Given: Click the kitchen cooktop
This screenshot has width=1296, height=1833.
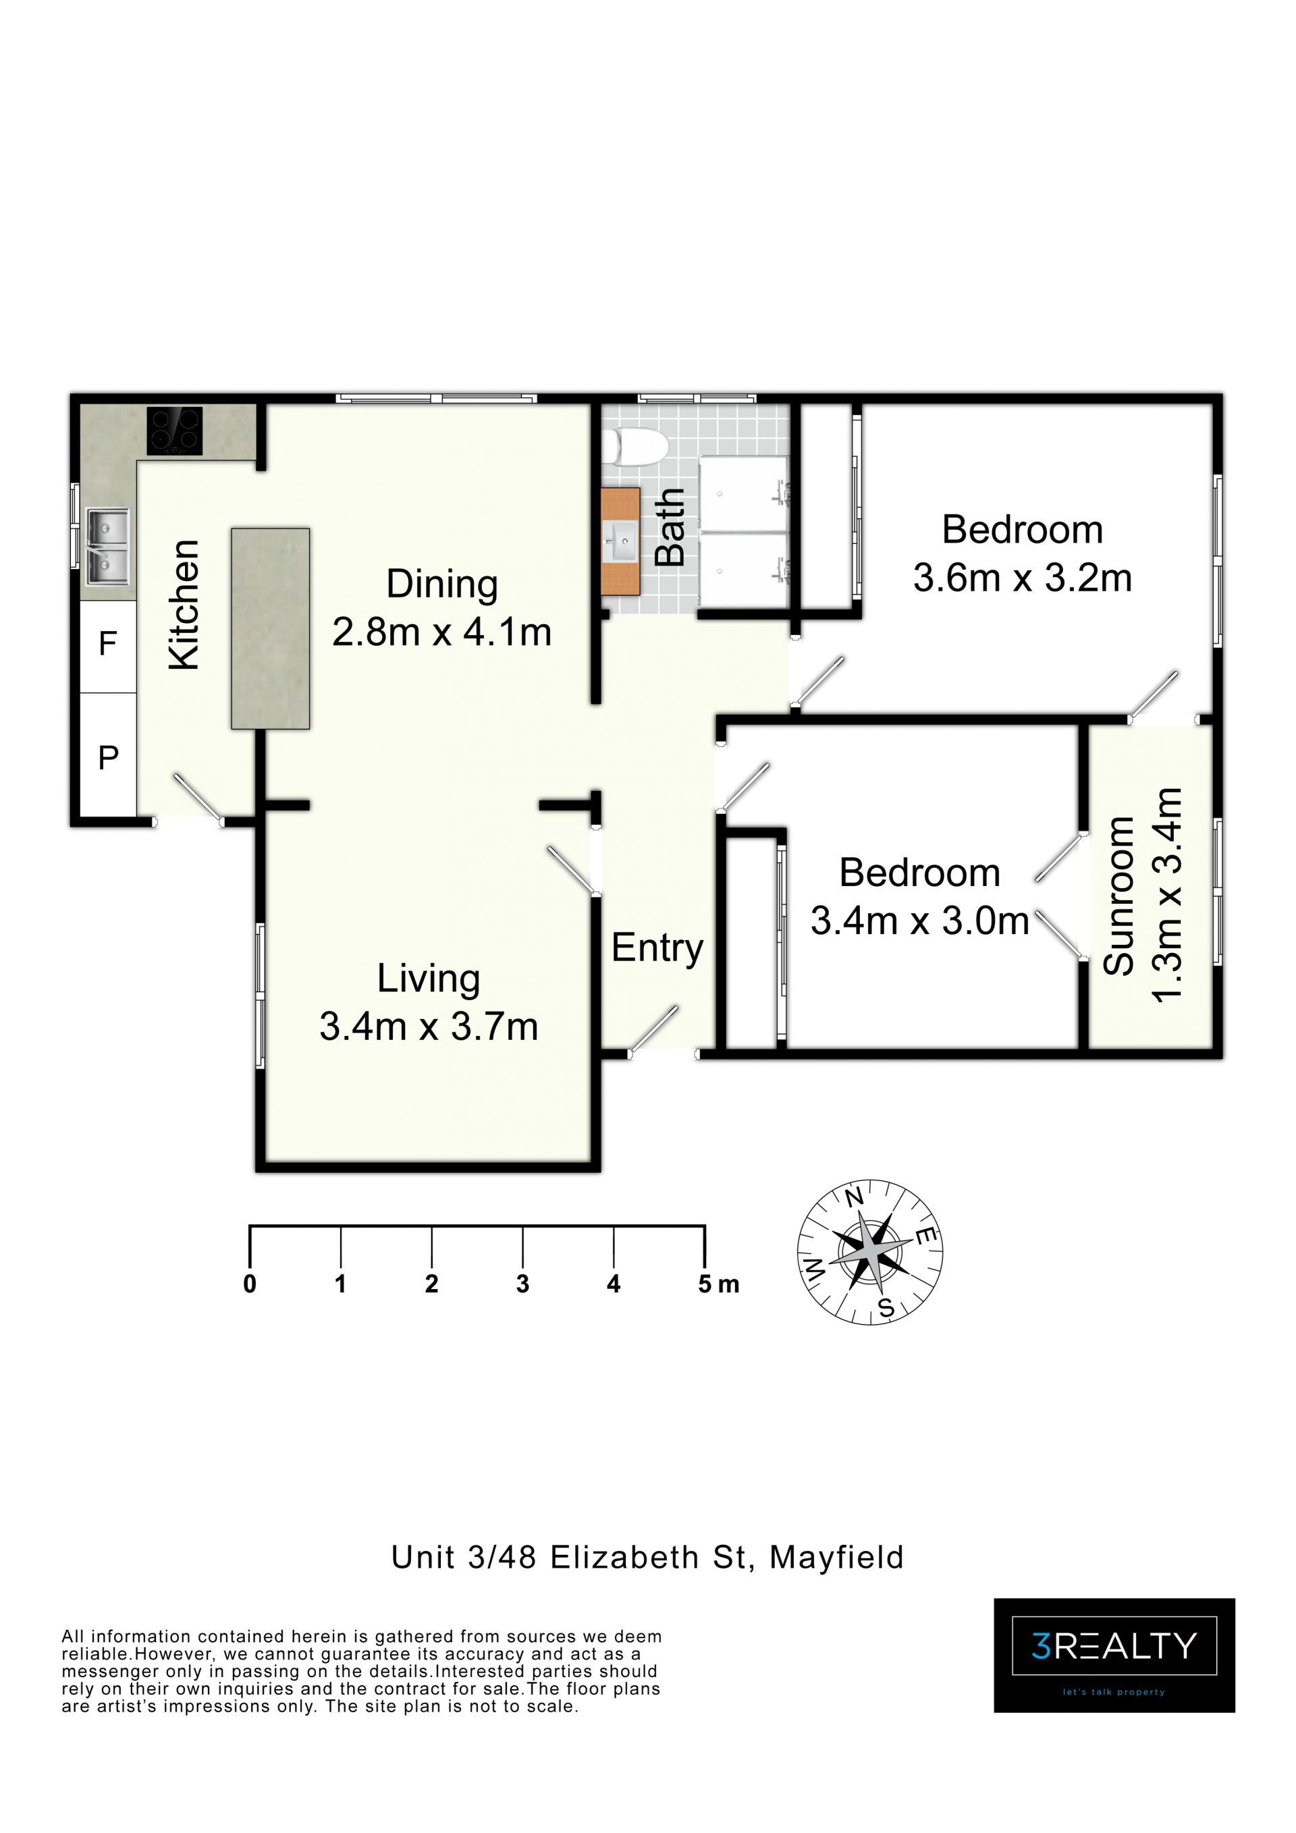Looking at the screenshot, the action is click(174, 431).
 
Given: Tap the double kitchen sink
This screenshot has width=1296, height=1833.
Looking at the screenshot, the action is click(107, 547).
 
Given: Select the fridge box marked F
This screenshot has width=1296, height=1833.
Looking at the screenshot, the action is click(108, 646).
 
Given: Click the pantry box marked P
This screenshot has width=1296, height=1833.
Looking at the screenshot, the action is click(108, 755).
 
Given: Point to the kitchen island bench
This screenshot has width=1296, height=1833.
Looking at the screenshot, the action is click(271, 628).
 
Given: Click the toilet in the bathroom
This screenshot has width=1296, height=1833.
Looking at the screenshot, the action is click(634, 446).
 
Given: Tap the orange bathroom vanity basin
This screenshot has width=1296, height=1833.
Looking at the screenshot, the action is click(620, 541).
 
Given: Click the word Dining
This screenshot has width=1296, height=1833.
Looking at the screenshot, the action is click(441, 584).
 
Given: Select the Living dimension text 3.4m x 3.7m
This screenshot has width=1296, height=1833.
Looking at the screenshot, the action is click(429, 1027).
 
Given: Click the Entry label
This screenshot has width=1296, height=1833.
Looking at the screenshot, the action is click(657, 948).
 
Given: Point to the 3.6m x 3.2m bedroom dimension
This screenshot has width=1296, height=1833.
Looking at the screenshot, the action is click(1023, 578).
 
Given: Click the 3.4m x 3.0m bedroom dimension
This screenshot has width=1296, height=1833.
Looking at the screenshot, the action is click(920, 921).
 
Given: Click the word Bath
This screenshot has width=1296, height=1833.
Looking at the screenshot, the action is click(670, 528).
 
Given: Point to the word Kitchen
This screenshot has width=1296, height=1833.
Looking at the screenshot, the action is click(184, 604).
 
